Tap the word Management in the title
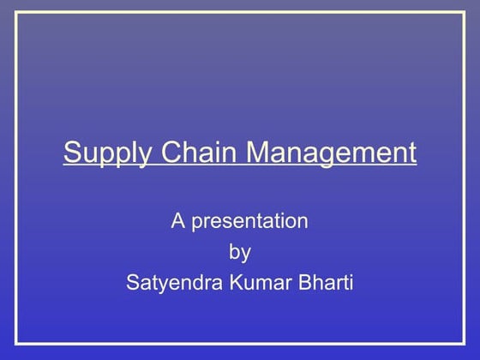333,153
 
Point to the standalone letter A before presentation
177,221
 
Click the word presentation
249,222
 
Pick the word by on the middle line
240,252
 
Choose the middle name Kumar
256,281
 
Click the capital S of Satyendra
132,281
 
